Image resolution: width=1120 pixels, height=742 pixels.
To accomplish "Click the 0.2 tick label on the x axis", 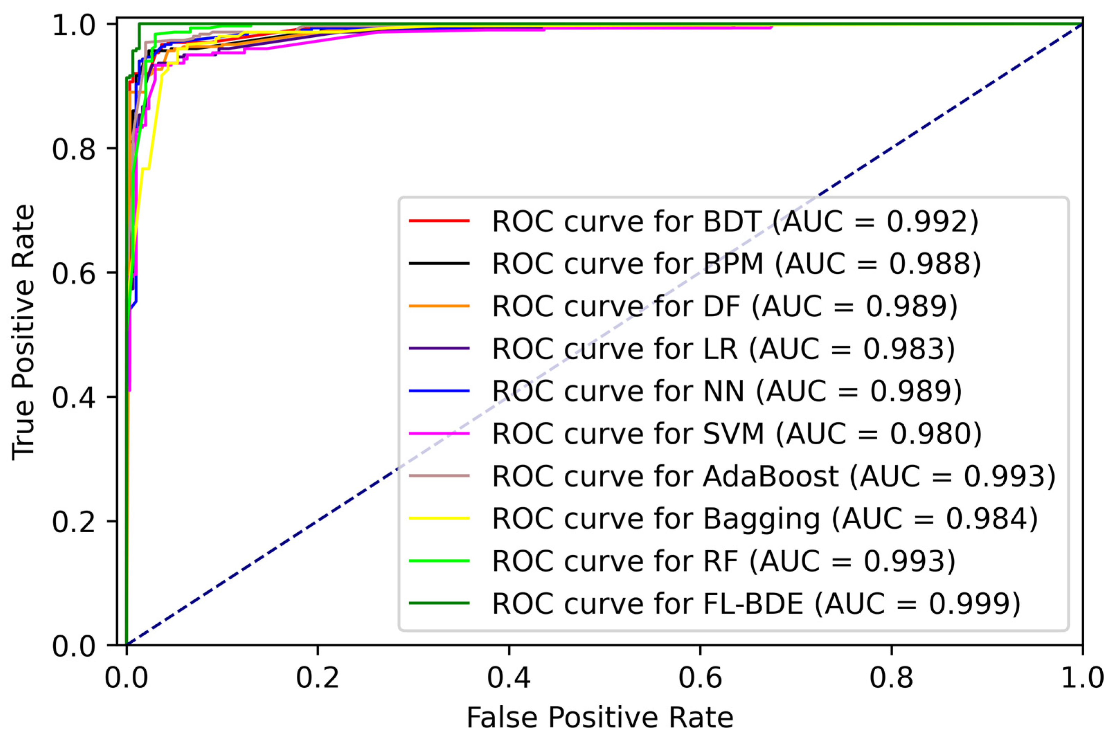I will (x=317, y=678).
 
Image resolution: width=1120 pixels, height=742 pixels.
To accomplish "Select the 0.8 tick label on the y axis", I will (x=74, y=150).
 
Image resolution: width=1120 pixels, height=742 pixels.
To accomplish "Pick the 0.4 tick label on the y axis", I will (x=74, y=398).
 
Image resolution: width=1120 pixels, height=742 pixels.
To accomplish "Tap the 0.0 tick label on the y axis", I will (x=74, y=646).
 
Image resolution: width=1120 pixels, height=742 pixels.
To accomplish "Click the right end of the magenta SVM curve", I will (x=772, y=27).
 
